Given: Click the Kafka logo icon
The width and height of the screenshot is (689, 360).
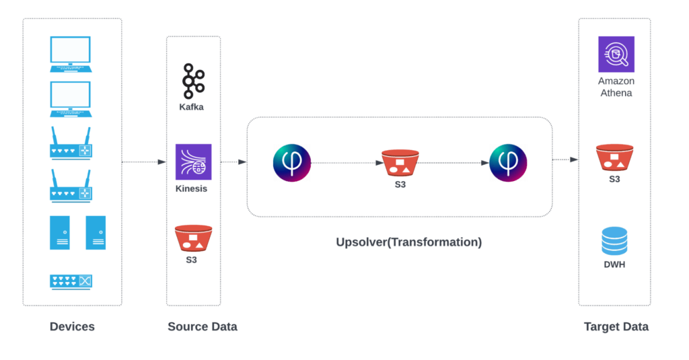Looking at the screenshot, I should [x=193, y=81].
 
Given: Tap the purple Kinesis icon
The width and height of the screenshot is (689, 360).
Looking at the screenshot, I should [x=193, y=161].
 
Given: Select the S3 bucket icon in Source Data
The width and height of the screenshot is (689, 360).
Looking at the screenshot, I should [x=193, y=238].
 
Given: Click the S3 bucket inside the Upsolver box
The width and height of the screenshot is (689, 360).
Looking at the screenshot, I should [x=400, y=163].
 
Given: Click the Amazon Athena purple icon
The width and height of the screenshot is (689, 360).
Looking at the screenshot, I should [x=616, y=55].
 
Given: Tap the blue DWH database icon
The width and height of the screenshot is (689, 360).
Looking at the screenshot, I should [x=614, y=241].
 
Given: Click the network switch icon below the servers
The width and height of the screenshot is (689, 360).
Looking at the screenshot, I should [x=71, y=281].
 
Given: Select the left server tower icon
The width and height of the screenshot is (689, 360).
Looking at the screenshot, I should [x=59, y=233].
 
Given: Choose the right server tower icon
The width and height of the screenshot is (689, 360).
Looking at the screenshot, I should [x=96, y=233].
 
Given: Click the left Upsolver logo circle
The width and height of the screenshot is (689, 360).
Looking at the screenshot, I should [x=292, y=163].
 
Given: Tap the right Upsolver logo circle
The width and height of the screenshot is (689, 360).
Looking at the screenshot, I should [x=508, y=163].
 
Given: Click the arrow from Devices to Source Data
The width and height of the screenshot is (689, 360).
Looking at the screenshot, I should [x=144, y=162].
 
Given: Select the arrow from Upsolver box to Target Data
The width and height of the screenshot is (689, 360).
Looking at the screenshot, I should [x=565, y=159].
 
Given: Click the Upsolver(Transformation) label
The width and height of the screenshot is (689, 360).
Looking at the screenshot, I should [x=408, y=242].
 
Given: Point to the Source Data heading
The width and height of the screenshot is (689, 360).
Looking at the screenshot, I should [x=202, y=327].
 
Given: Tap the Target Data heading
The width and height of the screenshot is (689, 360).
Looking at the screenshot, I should [x=616, y=327].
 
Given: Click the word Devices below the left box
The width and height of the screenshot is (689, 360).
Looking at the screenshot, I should [x=72, y=327].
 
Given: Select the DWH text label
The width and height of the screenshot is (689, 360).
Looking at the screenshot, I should [x=614, y=264].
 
